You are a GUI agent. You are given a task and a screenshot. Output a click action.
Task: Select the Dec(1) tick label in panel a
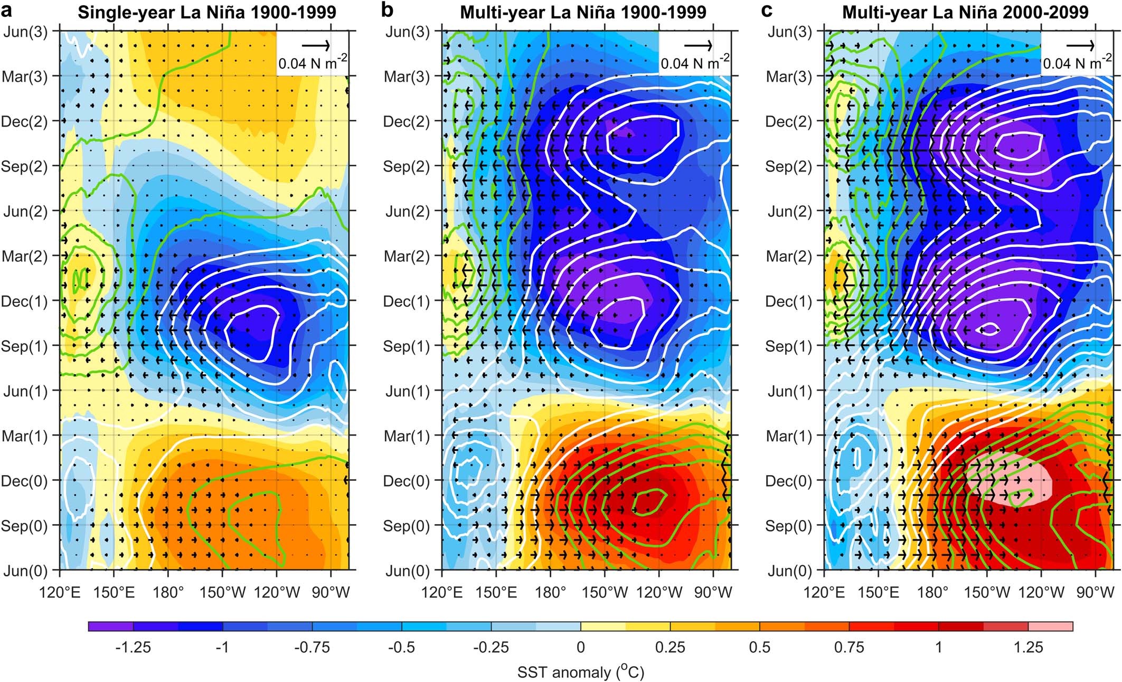(x=24, y=301)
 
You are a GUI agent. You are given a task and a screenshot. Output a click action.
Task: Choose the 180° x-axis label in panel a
(x=167, y=592)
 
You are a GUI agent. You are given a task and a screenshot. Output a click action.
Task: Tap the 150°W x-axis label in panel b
(x=606, y=592)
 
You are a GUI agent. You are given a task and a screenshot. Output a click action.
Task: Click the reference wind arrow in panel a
(x=316, y=46)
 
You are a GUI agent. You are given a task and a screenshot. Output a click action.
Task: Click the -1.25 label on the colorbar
(x=133, y=647)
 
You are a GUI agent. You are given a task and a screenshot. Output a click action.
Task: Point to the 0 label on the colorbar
(x=580, y=647)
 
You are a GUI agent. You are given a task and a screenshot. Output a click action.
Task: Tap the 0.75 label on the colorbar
(x=849, y=647)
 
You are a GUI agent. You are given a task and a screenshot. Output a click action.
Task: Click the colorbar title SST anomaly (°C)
(x=580, y=672)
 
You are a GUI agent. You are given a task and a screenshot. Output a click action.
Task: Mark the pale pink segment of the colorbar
(x=1050, y=627)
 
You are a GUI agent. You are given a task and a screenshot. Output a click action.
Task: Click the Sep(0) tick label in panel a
(x=24, y=526)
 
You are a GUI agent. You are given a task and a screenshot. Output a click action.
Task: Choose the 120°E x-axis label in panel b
(x=442, y=592)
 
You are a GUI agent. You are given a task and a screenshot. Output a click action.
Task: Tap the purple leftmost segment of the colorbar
(x=110, y=627)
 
